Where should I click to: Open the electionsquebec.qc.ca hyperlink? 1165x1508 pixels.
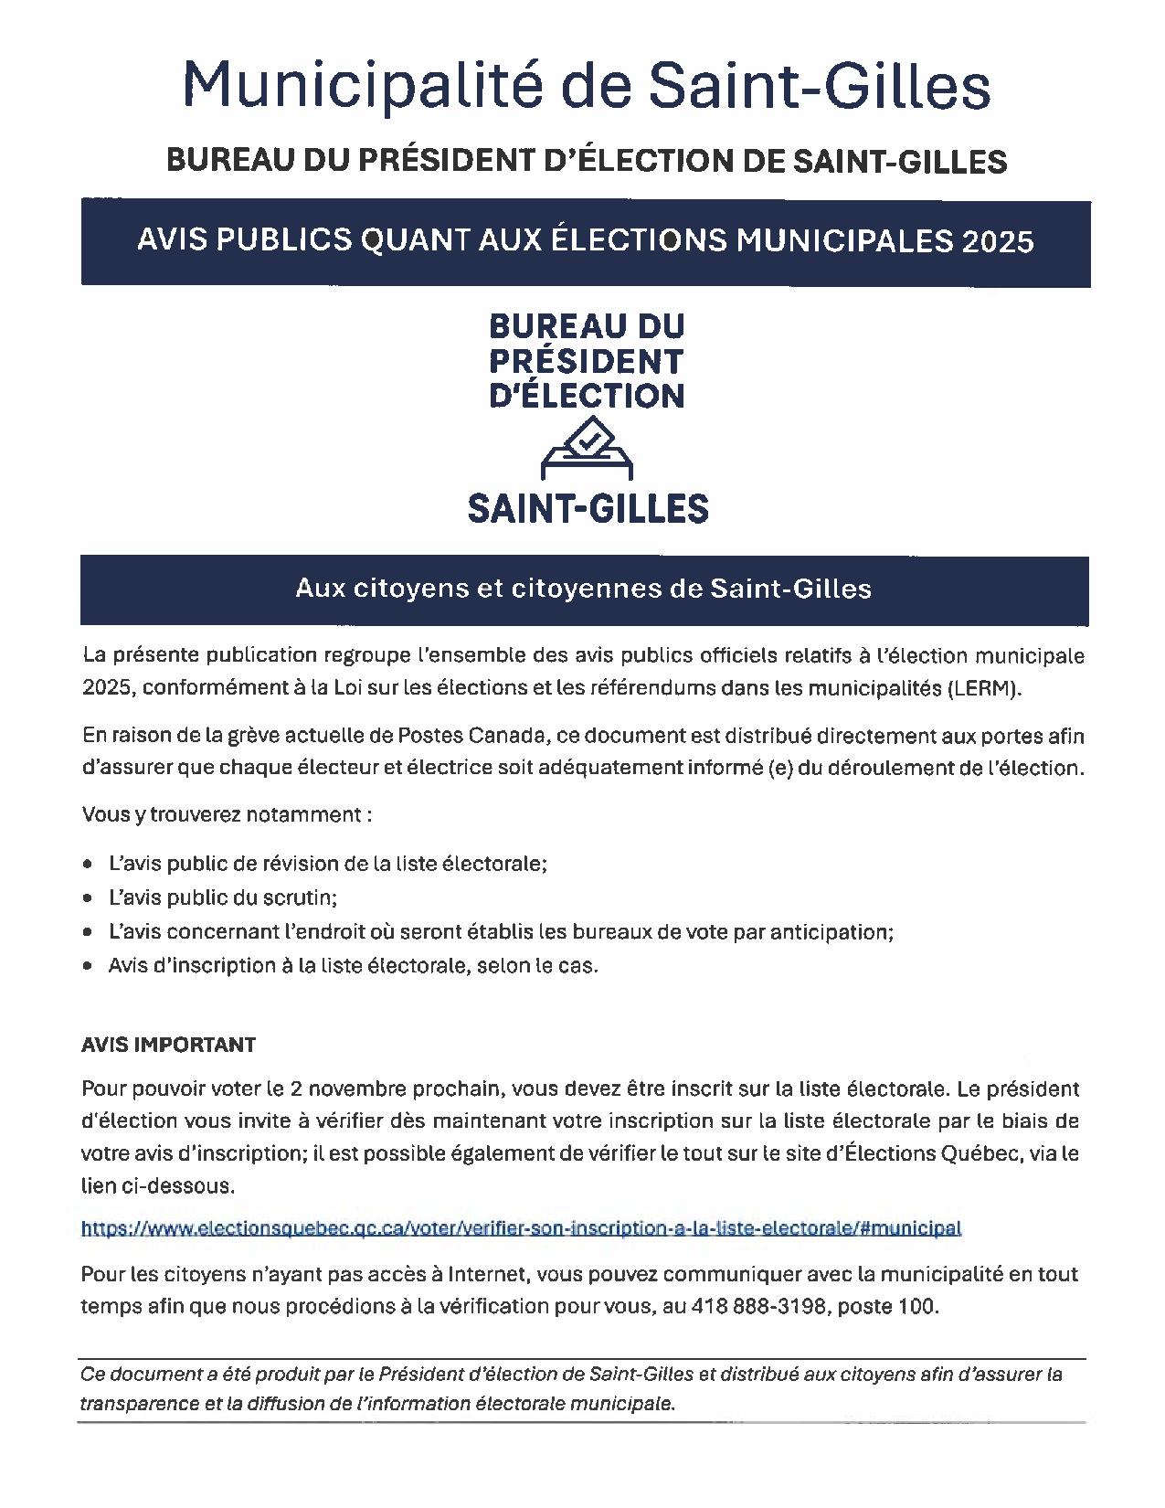coord(521,1228)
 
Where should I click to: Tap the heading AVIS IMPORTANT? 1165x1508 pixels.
coord(168,1045)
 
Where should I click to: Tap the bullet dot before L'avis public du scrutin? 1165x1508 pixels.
coord(88,898)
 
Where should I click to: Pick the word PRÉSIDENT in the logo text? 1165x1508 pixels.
coord(586,361)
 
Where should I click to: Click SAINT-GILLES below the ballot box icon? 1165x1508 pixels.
coord(588,508)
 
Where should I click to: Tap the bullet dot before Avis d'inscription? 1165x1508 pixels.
coord(88,966)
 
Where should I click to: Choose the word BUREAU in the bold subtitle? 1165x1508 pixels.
coord(218,162)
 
